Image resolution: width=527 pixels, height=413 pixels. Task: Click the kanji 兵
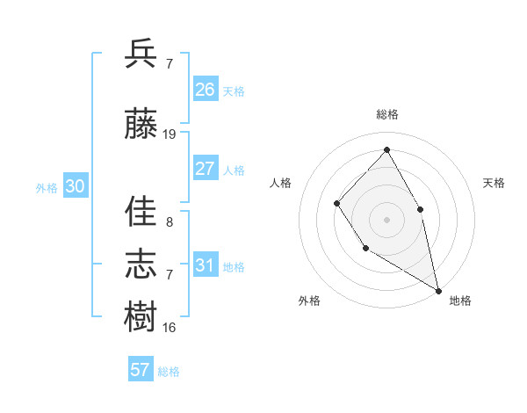click(x=141, y=54)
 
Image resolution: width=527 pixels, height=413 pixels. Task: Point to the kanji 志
click(x=141, y=264)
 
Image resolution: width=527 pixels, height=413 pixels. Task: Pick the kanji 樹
click(x=141, y=316)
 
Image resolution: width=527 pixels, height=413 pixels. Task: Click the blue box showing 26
click(x=206, y=90)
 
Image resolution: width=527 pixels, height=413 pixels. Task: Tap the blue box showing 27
click(x=206, y=169)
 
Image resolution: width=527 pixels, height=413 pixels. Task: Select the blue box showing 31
click(x=206, y=265)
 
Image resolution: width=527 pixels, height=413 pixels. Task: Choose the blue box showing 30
click(x=75, y=186)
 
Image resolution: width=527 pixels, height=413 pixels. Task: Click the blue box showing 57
click(x=141, y=370)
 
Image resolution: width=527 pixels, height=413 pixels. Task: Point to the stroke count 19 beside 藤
click(x=170, y=134)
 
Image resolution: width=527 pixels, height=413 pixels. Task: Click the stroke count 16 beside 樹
click(x=170, y=328)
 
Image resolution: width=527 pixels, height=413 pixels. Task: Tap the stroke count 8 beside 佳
click(x=170, y=222)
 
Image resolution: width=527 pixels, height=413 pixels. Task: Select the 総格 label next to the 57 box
click(x=169, y=372)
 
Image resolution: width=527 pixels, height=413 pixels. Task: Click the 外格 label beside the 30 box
click(x=47, y=187)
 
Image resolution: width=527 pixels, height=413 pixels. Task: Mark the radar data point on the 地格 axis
click(x=438, y=289)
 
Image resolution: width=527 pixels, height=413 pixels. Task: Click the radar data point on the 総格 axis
click(x=386, y=149)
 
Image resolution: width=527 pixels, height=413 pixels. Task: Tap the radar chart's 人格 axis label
click(x=280, y=183)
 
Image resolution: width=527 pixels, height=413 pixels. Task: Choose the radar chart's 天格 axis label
click(x=494, y=183)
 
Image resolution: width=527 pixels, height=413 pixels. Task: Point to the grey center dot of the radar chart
click(x=386, y=219)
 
